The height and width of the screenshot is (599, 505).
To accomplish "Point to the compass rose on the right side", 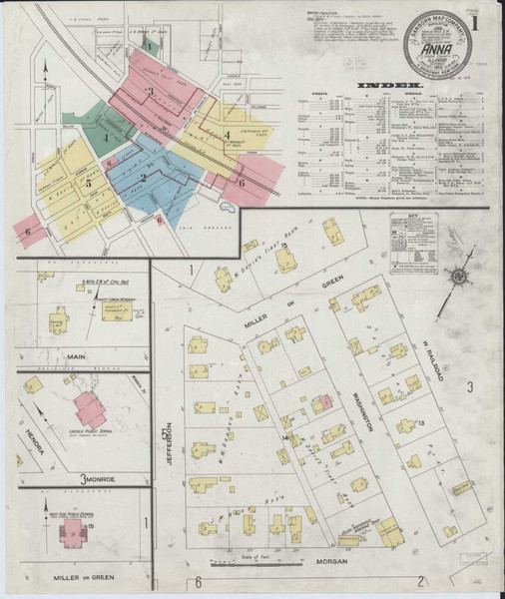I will point(458,275).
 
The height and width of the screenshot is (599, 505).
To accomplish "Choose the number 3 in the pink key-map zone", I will point(150,93).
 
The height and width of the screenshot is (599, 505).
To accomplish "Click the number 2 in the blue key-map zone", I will point(144,178).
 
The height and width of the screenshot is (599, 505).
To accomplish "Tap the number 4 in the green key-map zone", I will point(104,137).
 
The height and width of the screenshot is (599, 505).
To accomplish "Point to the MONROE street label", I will point(100,480).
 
